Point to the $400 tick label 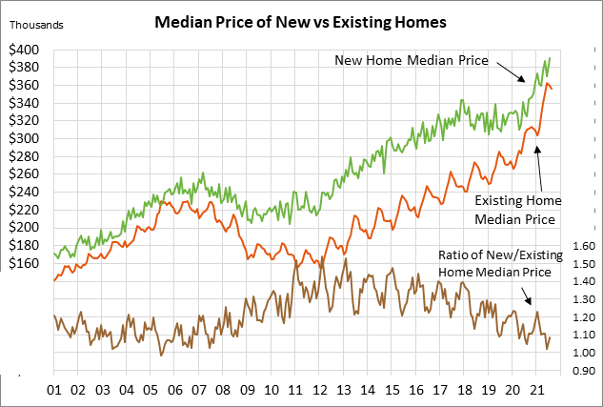pyautogui.click(x=24, y=49)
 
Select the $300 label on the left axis pyautogui.click(x=24, y=138)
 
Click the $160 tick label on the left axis pyautogui.click(x=24, y=263)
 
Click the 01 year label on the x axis pyautogui.click(x=54, y=390)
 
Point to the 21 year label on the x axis pyautogui.click(x=536, y=390)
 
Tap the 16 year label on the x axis pyautogui.click(x=416, y=390)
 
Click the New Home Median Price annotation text pyautogui.click(x=411, y=60)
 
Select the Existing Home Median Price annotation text pyautogui.click(x=518, y=209)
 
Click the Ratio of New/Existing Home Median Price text pyautogui.click(x=495, y=264)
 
